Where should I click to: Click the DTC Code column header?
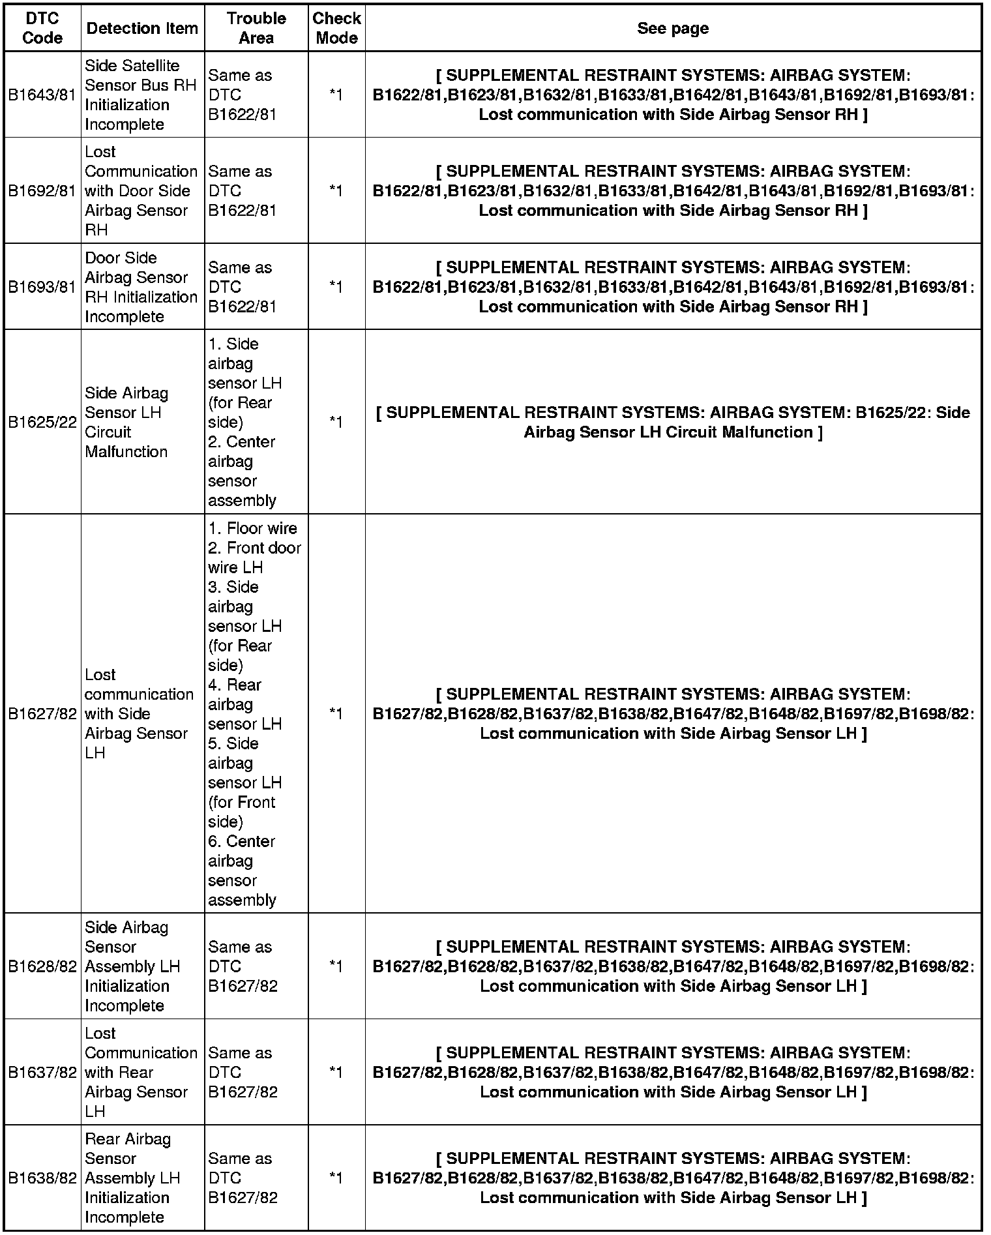point(42,28)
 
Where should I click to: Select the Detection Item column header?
point(142,28)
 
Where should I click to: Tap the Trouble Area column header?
point(256,28)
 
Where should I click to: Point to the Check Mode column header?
point(336,28)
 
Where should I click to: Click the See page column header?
point(673,28)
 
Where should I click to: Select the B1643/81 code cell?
point(42,95)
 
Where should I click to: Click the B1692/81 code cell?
point(42,190)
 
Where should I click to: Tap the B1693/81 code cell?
point(42,286)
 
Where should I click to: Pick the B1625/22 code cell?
point(42,422)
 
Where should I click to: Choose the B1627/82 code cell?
point(42,713)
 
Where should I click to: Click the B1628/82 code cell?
point(42,966)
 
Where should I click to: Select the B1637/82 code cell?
point(42,1072)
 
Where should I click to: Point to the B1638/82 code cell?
point(42,1178)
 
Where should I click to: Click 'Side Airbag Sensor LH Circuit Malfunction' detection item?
point(126,422)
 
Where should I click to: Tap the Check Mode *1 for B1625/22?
point(336,422)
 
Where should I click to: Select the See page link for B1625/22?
point(673,422)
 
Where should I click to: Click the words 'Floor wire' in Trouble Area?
point(261,528)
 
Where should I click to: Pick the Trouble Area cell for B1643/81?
point(243,95)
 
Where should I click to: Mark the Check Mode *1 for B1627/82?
point(336,713)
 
